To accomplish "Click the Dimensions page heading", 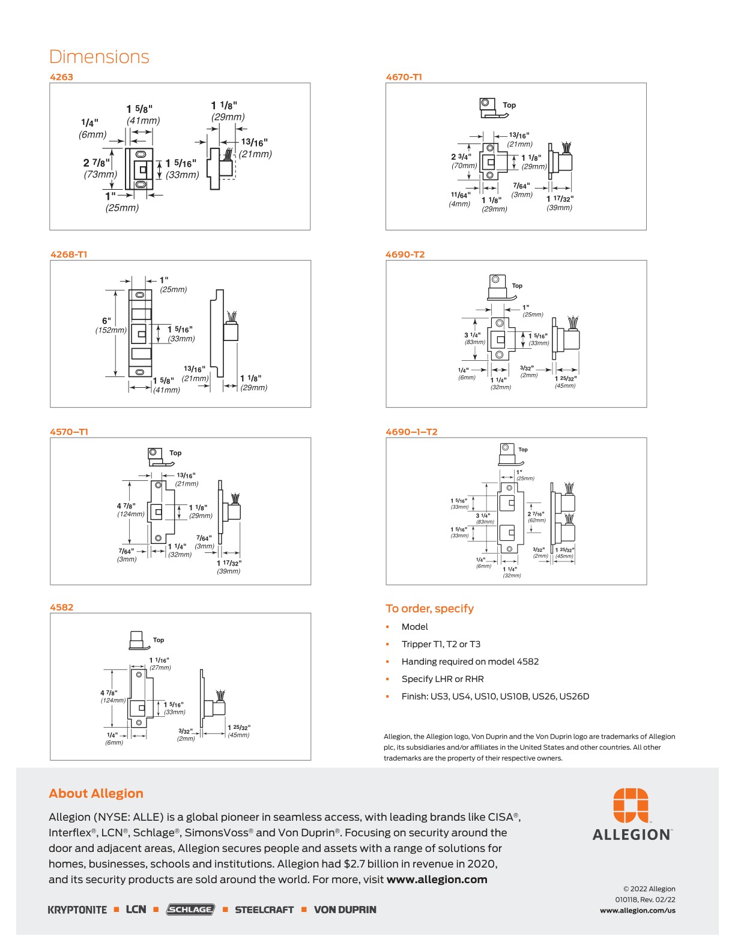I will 99,57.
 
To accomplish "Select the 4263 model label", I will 61,77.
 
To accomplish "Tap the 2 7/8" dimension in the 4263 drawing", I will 97,163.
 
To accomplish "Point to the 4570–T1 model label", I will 69,432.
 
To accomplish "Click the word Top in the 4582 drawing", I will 159,640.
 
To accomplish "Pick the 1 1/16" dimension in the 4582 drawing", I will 159,660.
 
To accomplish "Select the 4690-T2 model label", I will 405,254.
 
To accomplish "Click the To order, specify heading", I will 429,609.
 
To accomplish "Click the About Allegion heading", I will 96,794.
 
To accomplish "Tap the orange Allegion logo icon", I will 631,805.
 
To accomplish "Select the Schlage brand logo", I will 190,910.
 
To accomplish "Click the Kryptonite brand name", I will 77,910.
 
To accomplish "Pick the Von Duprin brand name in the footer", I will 345,910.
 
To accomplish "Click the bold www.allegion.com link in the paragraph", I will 437,880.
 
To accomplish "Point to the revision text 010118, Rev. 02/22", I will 645,899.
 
